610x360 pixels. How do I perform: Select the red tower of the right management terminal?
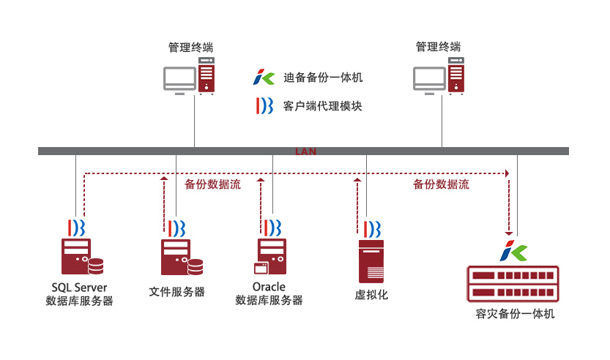tap(455, 75)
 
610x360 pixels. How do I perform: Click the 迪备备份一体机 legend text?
tap(322, 77)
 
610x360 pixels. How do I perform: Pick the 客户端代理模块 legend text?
tap(322, 106)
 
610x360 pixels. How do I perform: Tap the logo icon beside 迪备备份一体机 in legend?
tap(263, 76)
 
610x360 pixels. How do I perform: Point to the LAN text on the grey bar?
tap(305, 151)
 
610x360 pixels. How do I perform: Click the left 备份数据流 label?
tap(212, 184)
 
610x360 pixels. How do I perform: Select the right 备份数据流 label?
tap(441, 184)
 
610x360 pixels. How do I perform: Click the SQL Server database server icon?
tap(80, 256)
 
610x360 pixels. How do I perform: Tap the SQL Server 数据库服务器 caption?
tap(79, 293)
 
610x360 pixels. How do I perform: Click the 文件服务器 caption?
tap(176, 292)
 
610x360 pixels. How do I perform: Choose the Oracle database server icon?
tap(271, 257)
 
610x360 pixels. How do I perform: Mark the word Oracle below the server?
tap(269, 287)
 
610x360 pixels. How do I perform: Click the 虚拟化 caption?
tap(371, 295)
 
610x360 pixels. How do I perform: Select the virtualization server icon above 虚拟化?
tap(371, 260)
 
